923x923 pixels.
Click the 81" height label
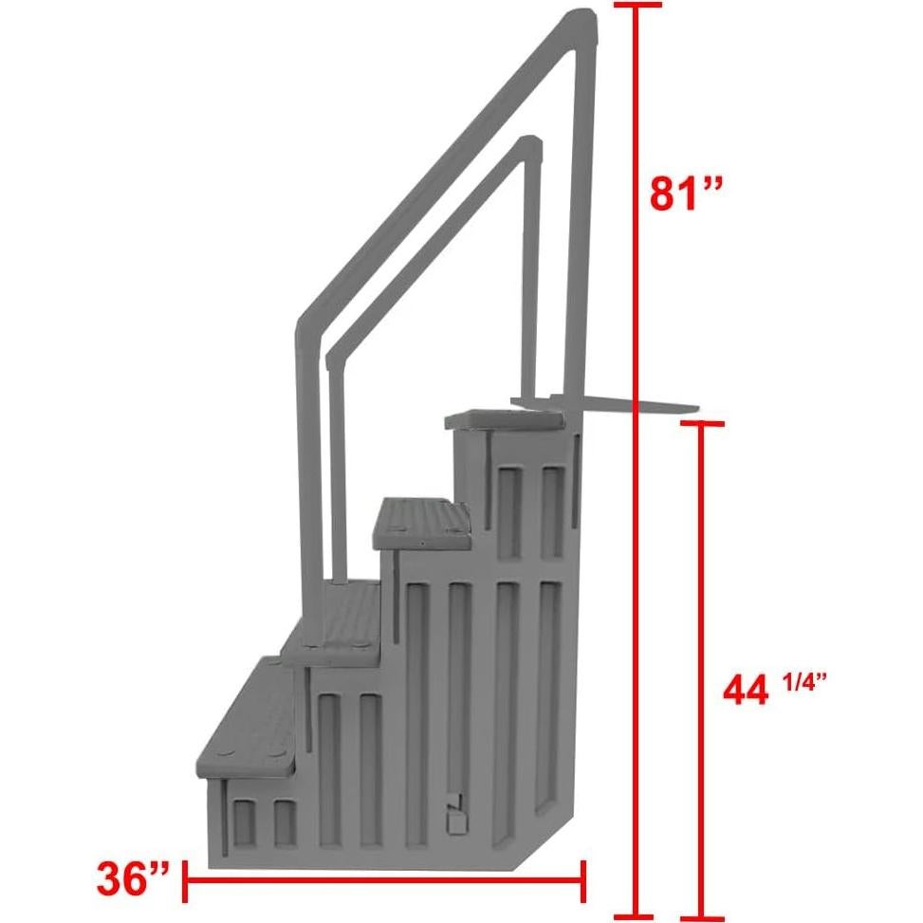click(x=686, y=194)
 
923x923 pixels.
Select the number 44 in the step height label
click(x=745, y=691)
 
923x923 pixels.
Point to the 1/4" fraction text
click(x=802, y=683)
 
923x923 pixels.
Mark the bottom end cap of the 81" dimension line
click(x=636, y=916)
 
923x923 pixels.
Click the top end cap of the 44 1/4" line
click(x=701, y=423)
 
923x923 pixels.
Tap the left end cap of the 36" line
click(x=185, y=881)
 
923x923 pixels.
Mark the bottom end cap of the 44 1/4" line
click(x=701, y=916)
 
